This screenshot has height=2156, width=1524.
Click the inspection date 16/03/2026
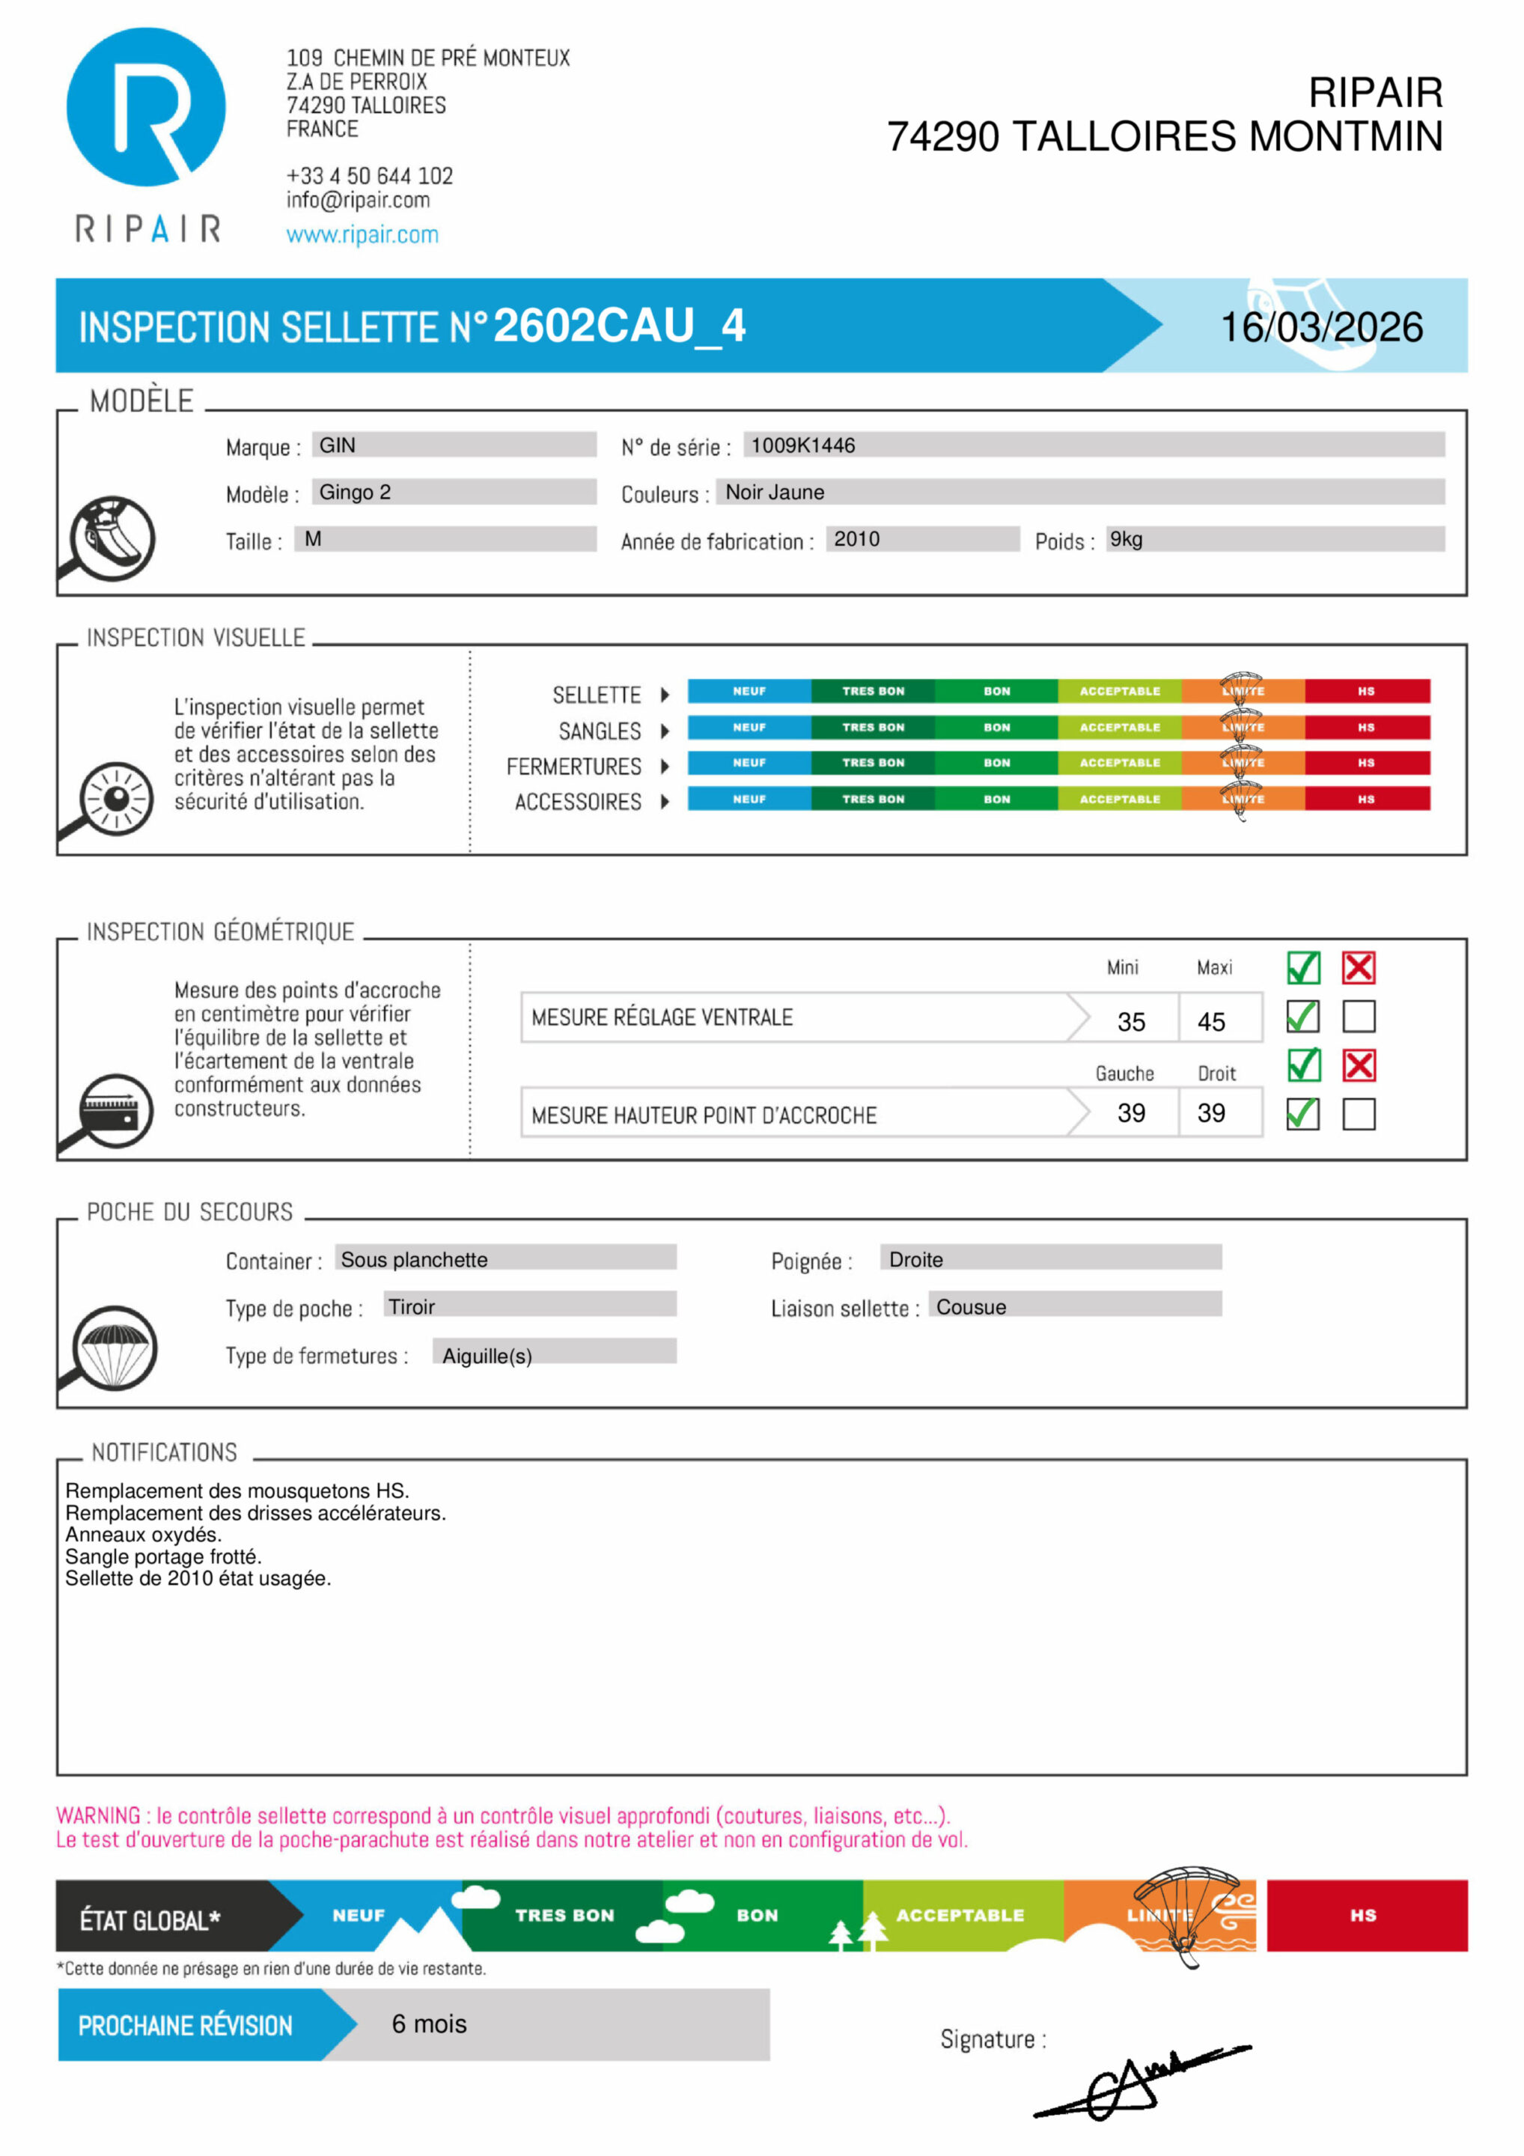[1320, 327]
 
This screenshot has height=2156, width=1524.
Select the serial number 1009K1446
[803, 445]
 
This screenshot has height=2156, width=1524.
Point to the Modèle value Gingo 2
[355, 491]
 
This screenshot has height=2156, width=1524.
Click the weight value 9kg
[1126, 538]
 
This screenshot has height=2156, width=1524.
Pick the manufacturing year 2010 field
[856, 538]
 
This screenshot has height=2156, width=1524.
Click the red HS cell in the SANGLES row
[1366, 727]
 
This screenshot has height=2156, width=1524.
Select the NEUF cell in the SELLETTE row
[749, 691]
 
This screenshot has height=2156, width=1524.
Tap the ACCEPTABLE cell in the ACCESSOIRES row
[1119, 799]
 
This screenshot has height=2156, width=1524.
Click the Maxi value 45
[1210, 1020]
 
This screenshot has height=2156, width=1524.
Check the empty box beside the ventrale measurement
[1358, 1016]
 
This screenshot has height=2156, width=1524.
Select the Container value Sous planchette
[414, 1259]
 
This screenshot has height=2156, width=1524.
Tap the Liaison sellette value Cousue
[971, 1306]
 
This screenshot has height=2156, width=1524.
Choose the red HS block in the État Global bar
[1366, 1915]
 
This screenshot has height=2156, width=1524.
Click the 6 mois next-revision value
[429, 2023]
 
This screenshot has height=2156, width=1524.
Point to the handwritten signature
[1136, 2083]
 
